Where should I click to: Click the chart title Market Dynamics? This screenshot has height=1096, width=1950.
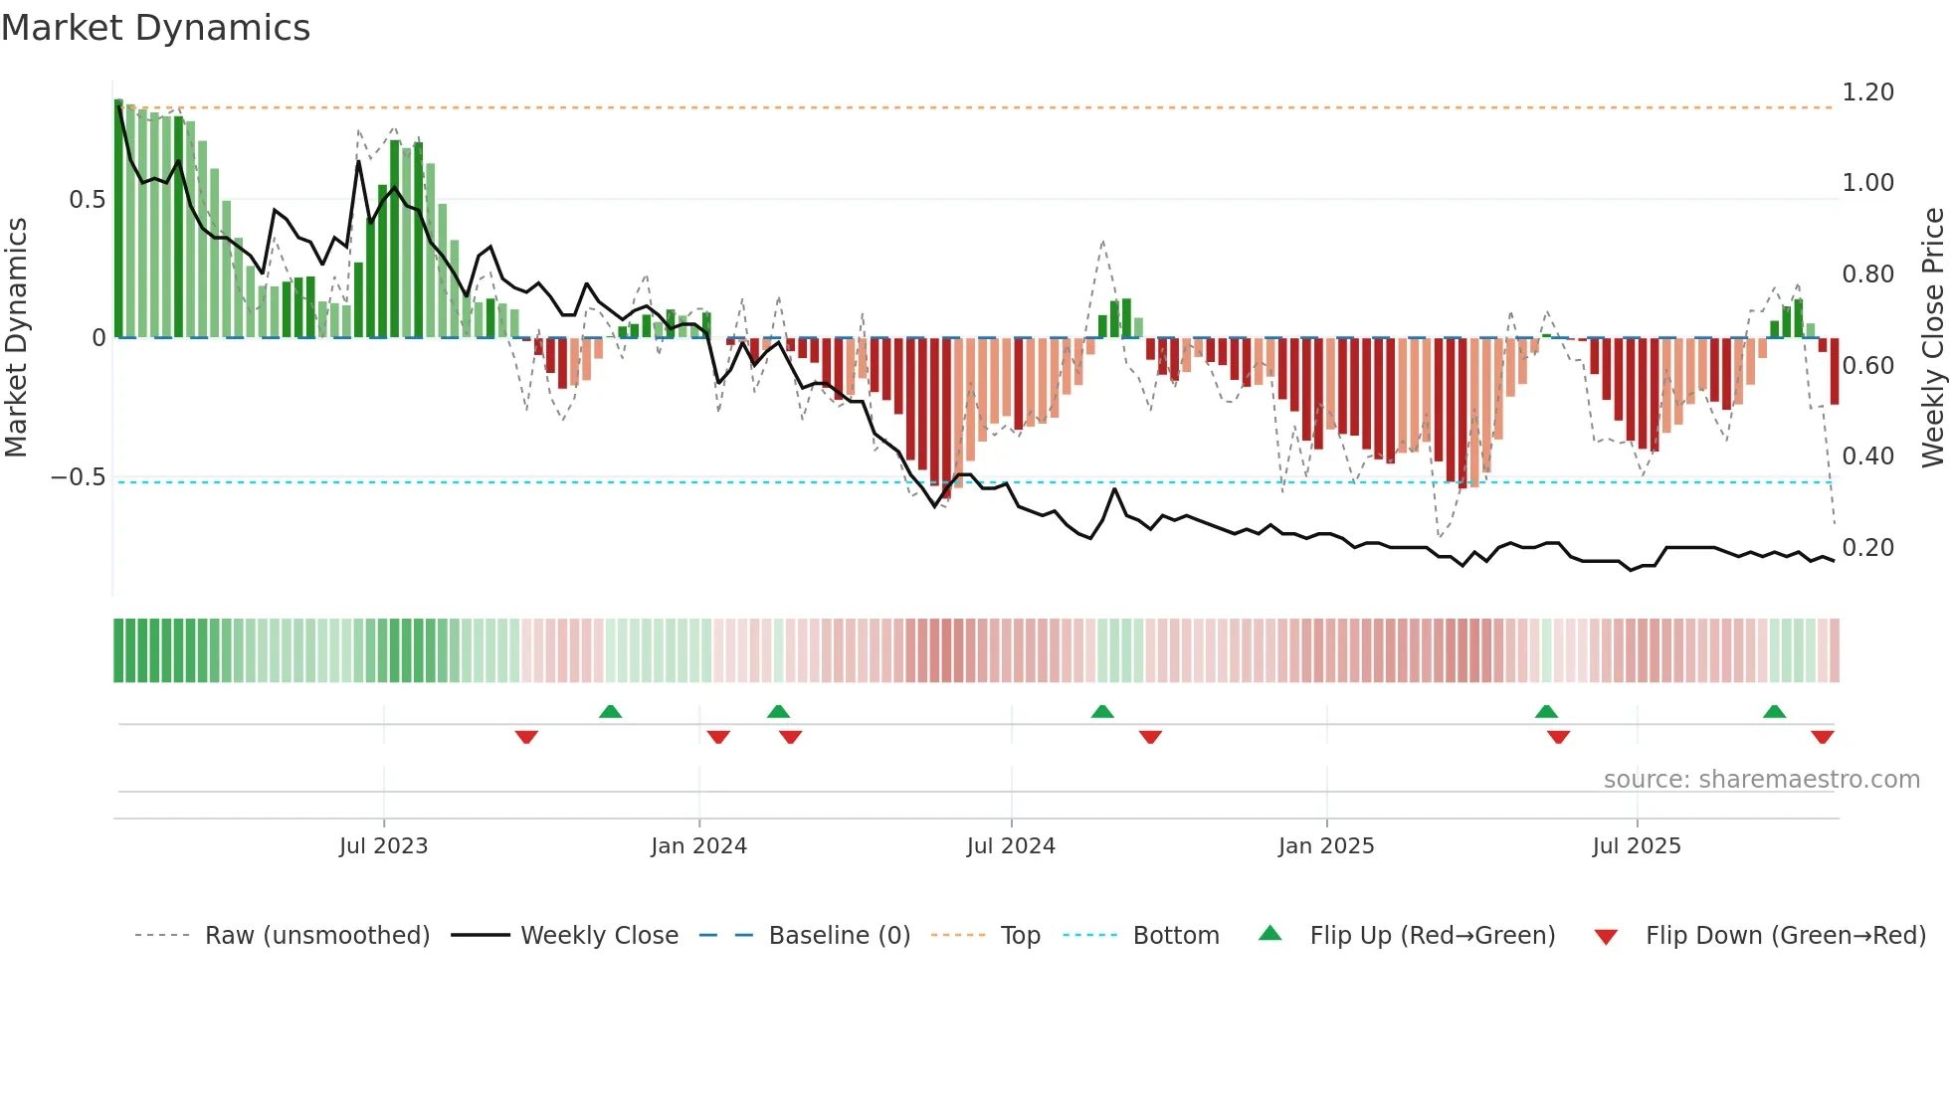click(x=155, y=28)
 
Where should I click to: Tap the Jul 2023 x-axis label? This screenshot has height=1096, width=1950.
click(x=383, y=846)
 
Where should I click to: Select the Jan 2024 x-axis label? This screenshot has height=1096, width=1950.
click(x=698, y=846)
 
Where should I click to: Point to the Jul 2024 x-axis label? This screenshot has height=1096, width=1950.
click(x=1011, y=846)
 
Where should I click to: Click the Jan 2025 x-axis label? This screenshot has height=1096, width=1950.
click(x=1326, y=846)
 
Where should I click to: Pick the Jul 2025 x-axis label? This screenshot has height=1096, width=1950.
click(x=1637, y=846)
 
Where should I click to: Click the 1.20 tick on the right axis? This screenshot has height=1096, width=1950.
click(x=1867, y=92)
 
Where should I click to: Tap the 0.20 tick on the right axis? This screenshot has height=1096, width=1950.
click(x=1867, y=548)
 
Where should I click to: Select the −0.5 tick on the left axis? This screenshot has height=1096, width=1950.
click(x=79, y=477)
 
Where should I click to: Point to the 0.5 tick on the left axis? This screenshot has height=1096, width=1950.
click(x=87, y=200)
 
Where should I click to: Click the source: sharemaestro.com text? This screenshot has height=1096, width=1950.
click(x=1761, y=780)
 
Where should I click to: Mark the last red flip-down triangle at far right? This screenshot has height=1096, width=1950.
click(x=1823, y=737)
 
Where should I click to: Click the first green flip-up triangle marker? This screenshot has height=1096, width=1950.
click(x=611, y=711)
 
